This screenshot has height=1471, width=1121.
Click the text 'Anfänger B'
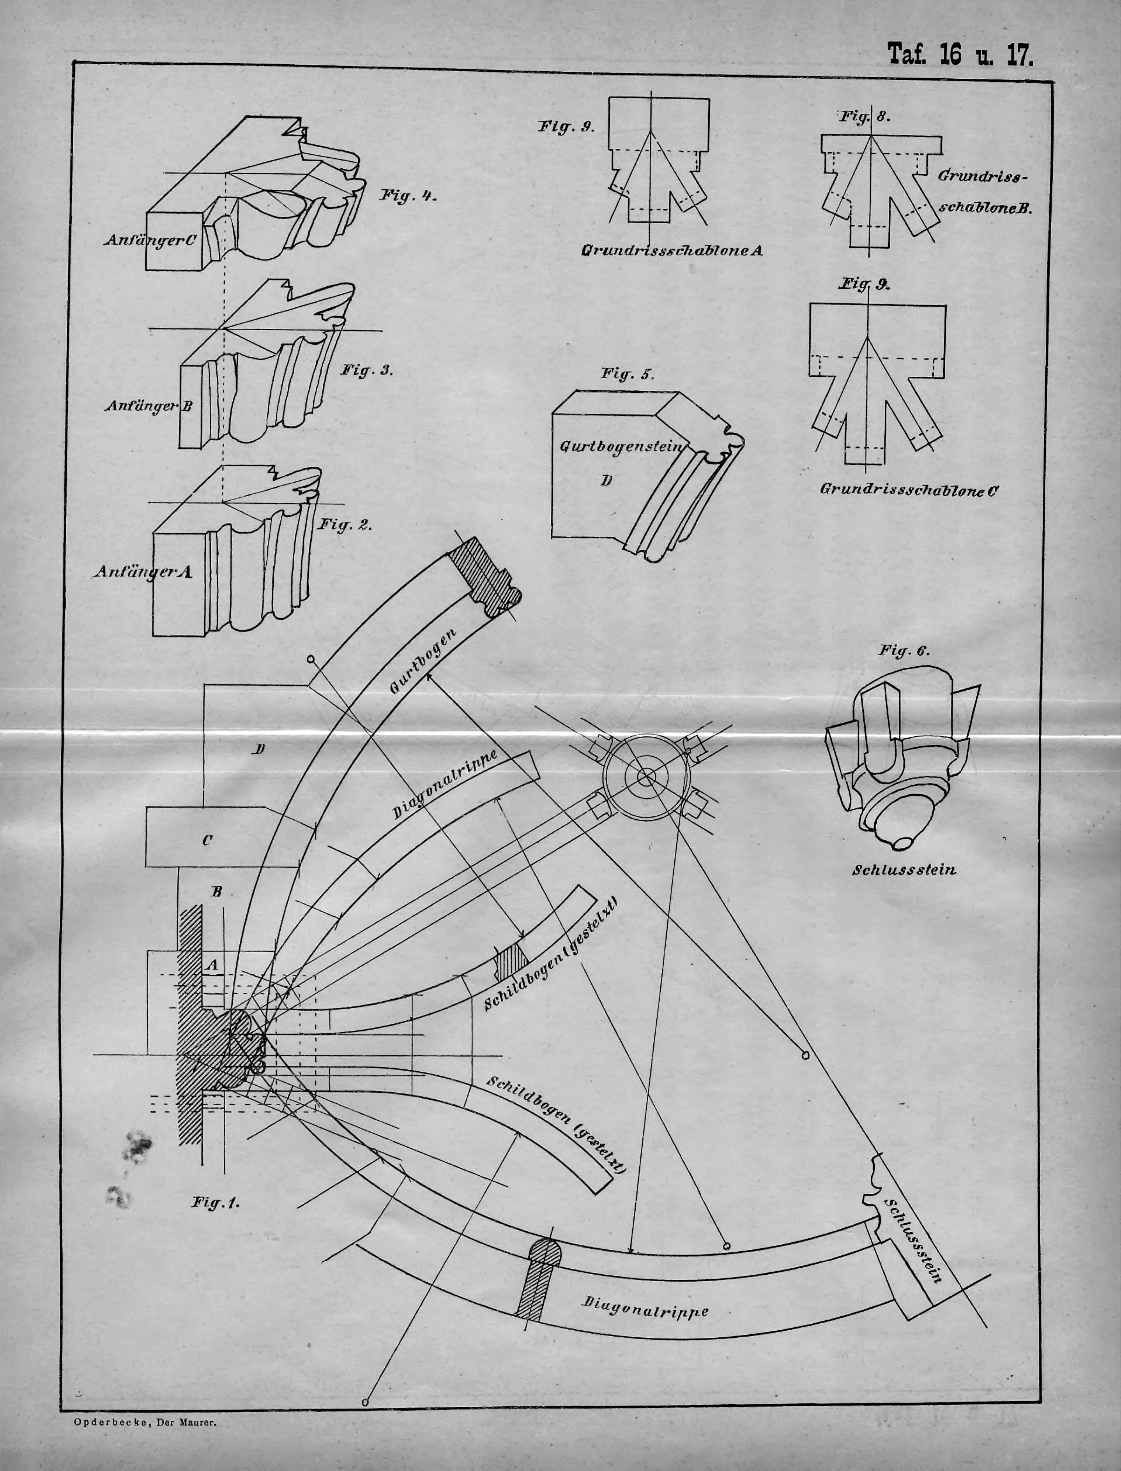[148, 406]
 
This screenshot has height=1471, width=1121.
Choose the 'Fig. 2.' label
[344, 525]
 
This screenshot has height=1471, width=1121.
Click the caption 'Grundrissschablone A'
[672, 251]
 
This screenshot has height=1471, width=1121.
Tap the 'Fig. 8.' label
[865, 117]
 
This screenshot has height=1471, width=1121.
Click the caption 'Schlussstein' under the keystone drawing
[904, 870]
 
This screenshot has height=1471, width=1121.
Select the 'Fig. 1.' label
[215, 1202]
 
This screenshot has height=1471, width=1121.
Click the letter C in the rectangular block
[207, 841]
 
